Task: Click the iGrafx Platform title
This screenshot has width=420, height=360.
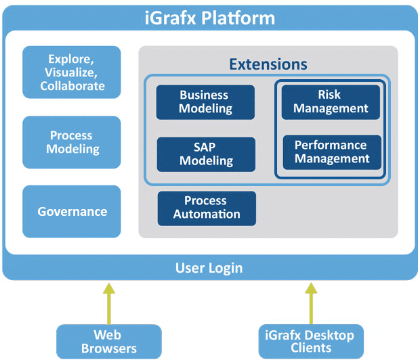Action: (x=210, y=18)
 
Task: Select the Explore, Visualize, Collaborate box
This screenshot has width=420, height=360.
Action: (x=72, y=72)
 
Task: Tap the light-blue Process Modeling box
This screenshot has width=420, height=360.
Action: (x=72, y=142)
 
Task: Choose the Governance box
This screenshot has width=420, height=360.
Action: (x=72, y=211)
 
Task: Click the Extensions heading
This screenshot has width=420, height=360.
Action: (x=268, y=64)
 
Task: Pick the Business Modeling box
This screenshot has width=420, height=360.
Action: (x=205, y=102)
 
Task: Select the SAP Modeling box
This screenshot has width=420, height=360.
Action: (x=206, y=154)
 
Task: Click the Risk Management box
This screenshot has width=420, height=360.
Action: (x=331, y=102)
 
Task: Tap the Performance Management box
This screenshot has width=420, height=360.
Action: (x=332, y=152)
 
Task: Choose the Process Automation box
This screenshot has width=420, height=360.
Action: (x=207, y=208)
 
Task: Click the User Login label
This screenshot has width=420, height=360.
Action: (x=209, y=268)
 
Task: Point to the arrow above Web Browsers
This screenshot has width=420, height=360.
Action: (x=109, y=304)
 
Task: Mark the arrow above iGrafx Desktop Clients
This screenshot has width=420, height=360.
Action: (x=311, y=304)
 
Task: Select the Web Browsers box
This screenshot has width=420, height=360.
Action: (x=109, y=342)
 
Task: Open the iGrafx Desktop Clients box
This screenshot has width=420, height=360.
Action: (x=311, y=342)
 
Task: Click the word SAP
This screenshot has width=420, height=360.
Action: (x=205, y=148)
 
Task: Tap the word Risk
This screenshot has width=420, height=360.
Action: (x=329, y=95)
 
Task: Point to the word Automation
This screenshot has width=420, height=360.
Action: (x=207, y=214)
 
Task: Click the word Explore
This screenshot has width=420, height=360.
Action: (x=71, y=59)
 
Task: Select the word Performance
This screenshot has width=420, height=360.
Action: (x=331, y=145)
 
